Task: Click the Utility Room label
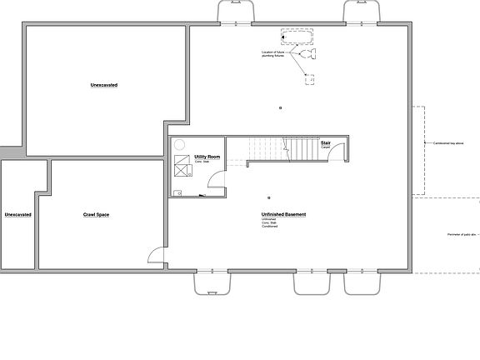(x=207, y=157)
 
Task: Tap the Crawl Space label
(x=96, y=215)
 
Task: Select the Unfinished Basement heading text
(x=283, y=215)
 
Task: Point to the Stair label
(x=326, y=142)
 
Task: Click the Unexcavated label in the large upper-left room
(x=104, y=85)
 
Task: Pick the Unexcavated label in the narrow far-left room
(x=17, y=215)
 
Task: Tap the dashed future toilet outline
(x=310, y=55)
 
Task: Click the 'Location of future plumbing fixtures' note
(x=276, y=55)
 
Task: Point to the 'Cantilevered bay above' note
(x=449, y=142)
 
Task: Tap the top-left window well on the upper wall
(x=230, y=11)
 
